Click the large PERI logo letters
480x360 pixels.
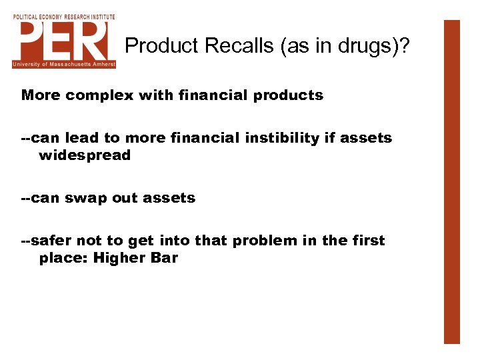[x=64, y=40]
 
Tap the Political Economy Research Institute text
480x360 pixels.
[x=64, y=16]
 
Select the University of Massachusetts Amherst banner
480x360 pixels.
[x=64, y=65]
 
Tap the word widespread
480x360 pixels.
[x=85, y=155]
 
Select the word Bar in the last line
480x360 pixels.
[x=164, y=258]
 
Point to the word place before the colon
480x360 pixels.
[x=62, y=258]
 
